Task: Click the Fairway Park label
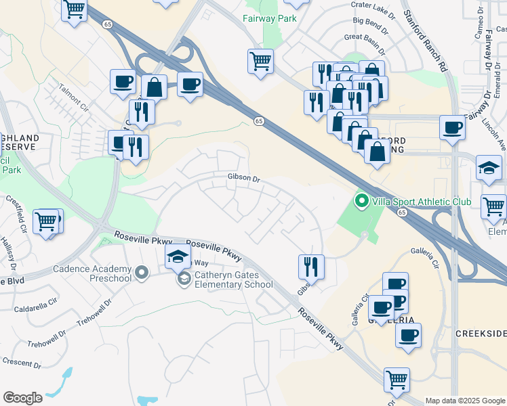coord(270,18)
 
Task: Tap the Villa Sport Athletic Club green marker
coord(362,201)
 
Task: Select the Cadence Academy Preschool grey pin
coord(142,273)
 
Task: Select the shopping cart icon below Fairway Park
coord(260,61)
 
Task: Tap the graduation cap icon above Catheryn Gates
coord(178,256)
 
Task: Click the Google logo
coord(22,398)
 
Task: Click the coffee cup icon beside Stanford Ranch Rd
coord(452,127)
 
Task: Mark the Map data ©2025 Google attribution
coord(465,401)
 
